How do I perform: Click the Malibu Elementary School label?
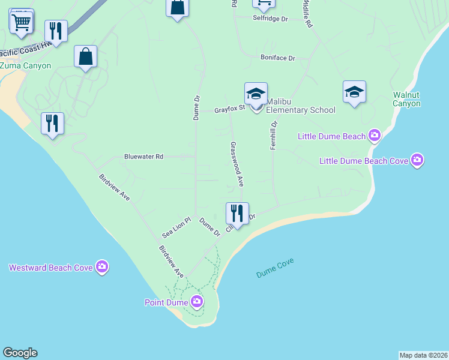click(301, 106)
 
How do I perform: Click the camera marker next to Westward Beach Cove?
click(102, 268)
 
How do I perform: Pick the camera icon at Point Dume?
click(197, 302)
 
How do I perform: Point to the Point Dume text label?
click(167, 302)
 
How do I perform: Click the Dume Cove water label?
click(274, 272)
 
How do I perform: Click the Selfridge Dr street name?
click(270, 19)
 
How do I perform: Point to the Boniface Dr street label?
click(278, 58)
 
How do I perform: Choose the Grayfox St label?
click(230, 109)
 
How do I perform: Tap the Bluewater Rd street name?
click(143, 157)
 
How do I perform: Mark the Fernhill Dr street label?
click(273, 136)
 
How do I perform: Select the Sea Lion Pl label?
click(176, 227)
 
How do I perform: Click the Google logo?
click(20, 353)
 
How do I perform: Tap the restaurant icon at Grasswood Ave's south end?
click(237, 214)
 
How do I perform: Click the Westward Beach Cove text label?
click(50, 268)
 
